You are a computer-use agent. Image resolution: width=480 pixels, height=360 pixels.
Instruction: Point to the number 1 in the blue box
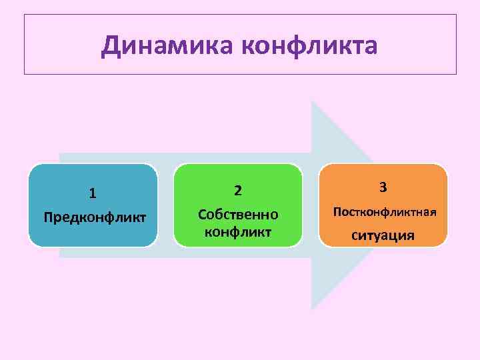[x=93, y=193]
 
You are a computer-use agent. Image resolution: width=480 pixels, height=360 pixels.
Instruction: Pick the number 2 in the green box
[x=237, y=191]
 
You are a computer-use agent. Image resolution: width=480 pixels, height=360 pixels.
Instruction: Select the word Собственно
[x=238, y=215]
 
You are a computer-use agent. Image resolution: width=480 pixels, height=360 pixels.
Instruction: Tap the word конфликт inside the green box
[x=238, y=232]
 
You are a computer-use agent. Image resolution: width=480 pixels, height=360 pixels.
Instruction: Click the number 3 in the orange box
[x=383, y=188]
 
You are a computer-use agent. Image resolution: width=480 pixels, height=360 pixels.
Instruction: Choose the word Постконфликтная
[x=385, y=212]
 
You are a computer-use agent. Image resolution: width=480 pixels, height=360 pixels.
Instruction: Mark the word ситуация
[x=383, y=235]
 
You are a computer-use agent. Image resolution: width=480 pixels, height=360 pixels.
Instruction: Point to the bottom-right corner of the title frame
[x=456, y=73]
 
